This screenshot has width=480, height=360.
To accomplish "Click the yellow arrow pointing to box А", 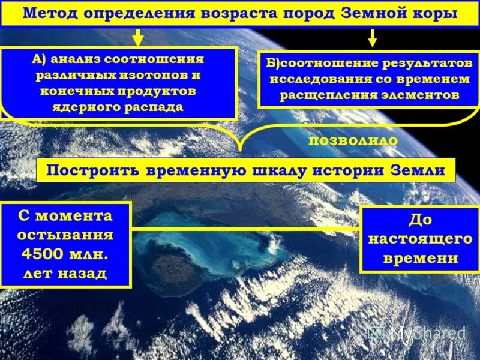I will click(x=137, y=37).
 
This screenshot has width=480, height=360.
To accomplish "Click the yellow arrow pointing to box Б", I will click(x=372, y=38).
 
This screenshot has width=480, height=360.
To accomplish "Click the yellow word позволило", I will click(x=353, y=140).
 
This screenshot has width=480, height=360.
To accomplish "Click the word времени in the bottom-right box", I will click(x=419, y=258).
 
